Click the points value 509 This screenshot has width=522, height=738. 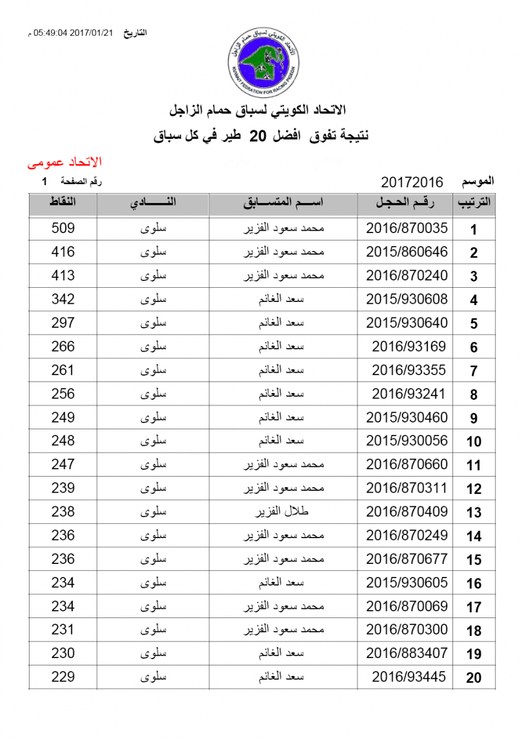point(63,228)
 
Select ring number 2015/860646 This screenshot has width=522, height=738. point(407,252)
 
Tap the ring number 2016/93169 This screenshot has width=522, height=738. point(409,346)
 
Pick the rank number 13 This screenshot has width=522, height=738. point(473,512)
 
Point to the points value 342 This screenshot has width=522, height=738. point(63,300)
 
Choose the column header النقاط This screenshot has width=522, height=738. point(63,204)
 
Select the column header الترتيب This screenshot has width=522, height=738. point(473,204)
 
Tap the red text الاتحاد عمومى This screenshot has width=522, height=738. point(64,162)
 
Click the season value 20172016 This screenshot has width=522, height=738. point(412,182)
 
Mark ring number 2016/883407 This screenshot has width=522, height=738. point(407,653)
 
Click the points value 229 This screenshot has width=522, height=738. point(63,676)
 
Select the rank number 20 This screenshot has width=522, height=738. point(473,678)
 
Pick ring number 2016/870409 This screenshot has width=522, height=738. point(407,512)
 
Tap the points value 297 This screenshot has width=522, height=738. point(63,323)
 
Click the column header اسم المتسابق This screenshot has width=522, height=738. point(284,204)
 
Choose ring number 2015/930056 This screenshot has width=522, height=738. point(407,441)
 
